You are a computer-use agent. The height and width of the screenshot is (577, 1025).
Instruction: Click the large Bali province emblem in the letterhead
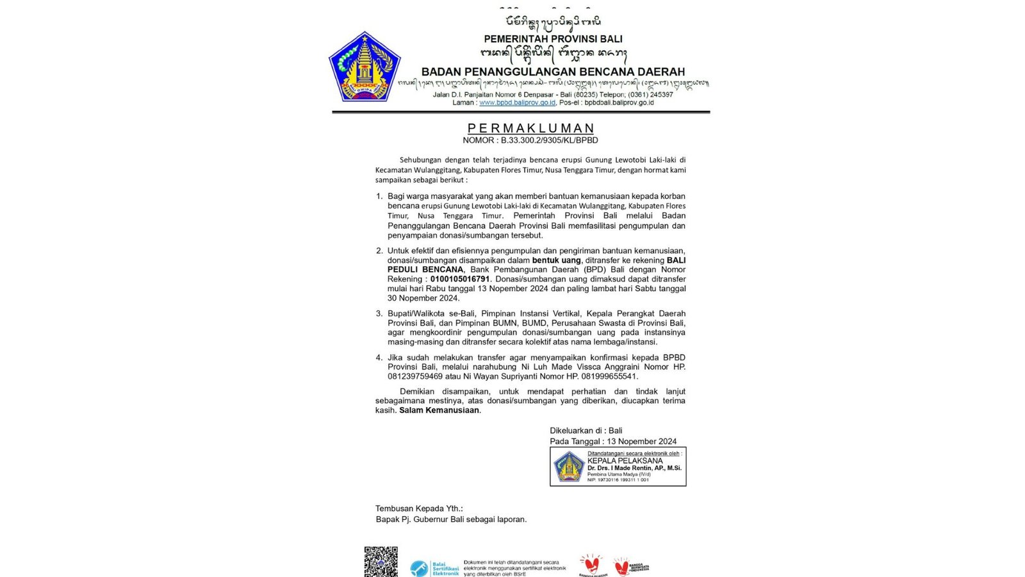364,67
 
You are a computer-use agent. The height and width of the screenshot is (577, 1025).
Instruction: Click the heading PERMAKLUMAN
531,128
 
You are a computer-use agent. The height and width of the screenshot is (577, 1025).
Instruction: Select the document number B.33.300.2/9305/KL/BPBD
549,140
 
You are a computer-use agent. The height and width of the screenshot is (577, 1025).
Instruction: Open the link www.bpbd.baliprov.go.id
517,103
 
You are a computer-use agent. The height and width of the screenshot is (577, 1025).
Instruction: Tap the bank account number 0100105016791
460,279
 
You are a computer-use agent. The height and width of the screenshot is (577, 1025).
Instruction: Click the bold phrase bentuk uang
556,260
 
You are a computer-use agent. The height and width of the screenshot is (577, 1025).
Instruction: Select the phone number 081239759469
415,376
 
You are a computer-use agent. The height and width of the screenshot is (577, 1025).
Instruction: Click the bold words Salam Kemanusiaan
439,410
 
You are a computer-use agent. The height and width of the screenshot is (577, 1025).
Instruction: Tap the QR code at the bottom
381,562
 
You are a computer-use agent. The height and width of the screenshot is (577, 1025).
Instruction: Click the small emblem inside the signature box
568,466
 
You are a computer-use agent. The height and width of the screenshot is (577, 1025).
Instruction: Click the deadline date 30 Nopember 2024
423,298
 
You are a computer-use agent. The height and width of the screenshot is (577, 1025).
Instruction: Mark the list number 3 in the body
379,314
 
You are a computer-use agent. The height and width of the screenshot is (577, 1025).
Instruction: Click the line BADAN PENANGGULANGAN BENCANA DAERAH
553,72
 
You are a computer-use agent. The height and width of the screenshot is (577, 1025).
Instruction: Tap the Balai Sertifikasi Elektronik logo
434,568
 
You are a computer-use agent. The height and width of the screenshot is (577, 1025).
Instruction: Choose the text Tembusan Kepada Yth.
419,508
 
